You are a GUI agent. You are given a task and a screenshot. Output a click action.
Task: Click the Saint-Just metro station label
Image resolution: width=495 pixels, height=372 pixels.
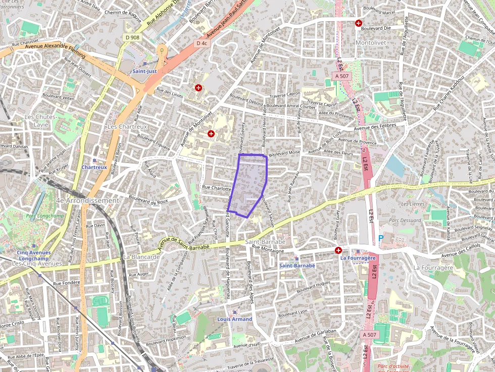point(144,71)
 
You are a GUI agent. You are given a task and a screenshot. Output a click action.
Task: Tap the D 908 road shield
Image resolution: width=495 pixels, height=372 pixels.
point(133,37)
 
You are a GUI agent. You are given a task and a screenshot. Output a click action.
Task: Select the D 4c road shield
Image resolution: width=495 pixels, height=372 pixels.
point(201,43)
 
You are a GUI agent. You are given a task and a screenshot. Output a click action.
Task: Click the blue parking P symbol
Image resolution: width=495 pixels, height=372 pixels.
point(381,238)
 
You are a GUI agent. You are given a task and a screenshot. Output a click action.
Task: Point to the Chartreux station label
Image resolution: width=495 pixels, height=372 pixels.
point(94,167)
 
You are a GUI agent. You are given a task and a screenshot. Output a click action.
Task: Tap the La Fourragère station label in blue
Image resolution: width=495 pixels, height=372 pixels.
point(358,258)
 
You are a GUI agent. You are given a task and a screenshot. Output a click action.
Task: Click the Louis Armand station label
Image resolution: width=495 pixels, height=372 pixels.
point(234,319)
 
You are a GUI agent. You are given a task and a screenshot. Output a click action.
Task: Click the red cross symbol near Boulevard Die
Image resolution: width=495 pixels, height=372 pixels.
point(359,23)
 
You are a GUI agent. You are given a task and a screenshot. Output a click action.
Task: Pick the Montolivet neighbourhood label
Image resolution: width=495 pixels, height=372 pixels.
point(371,43)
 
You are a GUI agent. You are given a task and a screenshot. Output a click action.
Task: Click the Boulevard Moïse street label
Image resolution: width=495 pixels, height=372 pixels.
point(284,153)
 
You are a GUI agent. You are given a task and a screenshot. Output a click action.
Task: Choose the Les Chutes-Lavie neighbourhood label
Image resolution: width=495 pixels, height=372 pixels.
point(41,120)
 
